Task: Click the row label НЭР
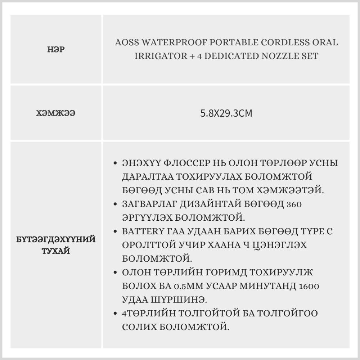tap(56, 50)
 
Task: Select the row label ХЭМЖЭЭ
tap(56, 113)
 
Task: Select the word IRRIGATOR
tap(159, 57)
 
